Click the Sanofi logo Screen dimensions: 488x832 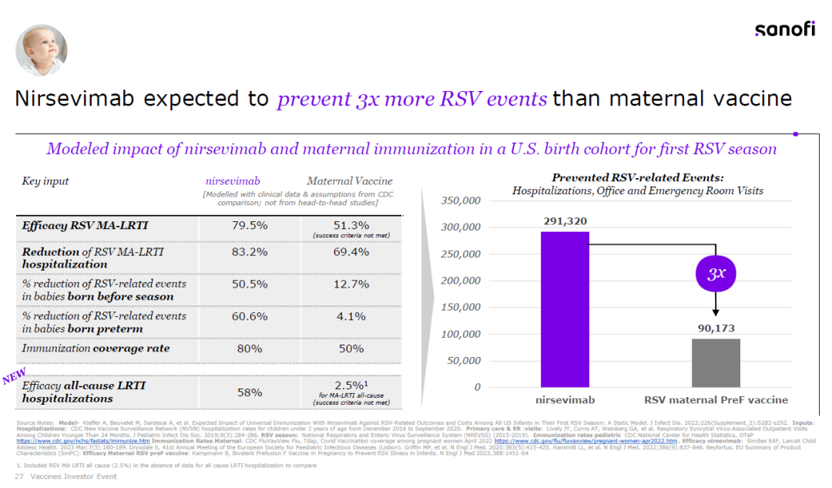[784, 29]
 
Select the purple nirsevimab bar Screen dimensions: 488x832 [564, 309]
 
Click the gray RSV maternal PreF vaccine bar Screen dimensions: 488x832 [716, 362]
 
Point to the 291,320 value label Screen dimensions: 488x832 [564, 221]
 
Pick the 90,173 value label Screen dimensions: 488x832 [716, 328]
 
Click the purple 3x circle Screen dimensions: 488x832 [716, 274]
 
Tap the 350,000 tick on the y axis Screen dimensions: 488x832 [460, 201]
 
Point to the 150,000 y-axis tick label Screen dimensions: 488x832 [460, 308]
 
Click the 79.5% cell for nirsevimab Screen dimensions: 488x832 [250, 226]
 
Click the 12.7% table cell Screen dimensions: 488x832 [351, 284]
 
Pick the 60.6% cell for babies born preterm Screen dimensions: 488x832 [250, 316]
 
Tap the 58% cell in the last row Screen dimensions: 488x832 [250, 392]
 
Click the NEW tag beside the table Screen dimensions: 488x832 [15, 376]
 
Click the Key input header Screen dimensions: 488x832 [45, 181]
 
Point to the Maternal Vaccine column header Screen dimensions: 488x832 [350, 181]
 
